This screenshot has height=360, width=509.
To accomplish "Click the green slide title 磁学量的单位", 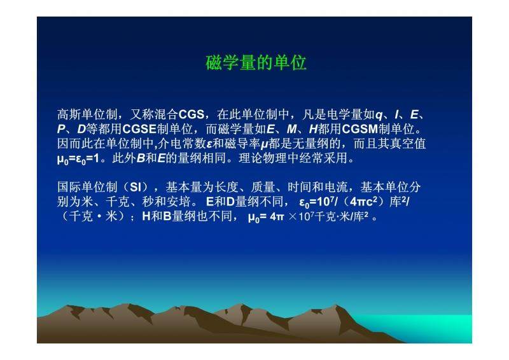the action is click(x=256, y=63).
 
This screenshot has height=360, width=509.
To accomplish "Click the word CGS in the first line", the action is click(x=192, y=114).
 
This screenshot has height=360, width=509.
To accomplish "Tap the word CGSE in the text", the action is click(x=139, y=129).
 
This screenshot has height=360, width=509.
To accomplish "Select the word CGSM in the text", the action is click(x=359, y=129).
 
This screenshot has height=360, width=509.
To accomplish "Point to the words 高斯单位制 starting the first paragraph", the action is click(x=87, y=114).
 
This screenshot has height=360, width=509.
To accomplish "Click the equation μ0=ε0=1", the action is click(x=78, y=159).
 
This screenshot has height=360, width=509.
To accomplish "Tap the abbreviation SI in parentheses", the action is click(x=135, y=187).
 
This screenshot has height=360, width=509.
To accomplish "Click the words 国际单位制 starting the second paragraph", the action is click(x=87, y=187).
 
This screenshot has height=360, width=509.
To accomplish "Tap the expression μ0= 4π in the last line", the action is click(x=266, y=217).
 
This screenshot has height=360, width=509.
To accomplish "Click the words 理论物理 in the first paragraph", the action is click(x=263, y=158).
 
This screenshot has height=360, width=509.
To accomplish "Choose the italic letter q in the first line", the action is click(x=379, y=115).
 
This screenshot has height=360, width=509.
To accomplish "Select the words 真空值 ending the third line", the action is click(x=407, y=144).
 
